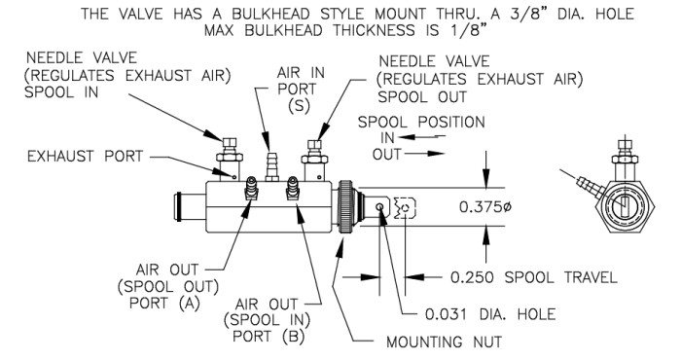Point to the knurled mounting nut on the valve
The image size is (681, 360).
tap(344, 206)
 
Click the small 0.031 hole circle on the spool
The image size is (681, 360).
tap(379, 207)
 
